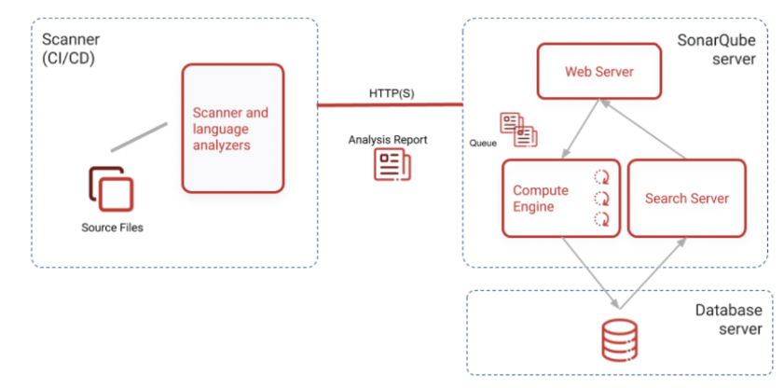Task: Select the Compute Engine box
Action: point(560,198)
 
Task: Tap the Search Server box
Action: point(686,198)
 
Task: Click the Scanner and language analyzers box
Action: point(231,128)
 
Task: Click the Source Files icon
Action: point(112,188)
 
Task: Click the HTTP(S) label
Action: point(391,92)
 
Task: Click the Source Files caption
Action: point(112,228)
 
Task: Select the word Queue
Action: point(482,145)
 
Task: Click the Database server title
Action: point(727,320)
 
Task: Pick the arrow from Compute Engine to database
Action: point(589,270)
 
